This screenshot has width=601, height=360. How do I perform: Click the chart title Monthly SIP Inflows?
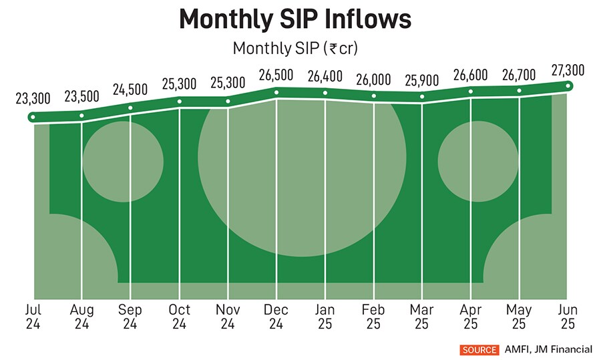pyautogui.click(x=295, y=20)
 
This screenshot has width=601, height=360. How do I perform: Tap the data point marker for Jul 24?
pyautogui.click(x=33, y=118)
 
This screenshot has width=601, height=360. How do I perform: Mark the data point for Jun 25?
pyautogui.click(x=568, y=85)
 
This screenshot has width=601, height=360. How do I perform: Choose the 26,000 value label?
pyautogui.click(x=373, y=79)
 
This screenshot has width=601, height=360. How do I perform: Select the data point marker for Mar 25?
pyautogui.click(x=422, y=98)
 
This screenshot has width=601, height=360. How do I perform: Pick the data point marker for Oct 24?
pyautogui.click(x=179, y=102)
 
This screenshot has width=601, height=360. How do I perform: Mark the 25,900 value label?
pyautogui.click(x=422, y=81)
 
